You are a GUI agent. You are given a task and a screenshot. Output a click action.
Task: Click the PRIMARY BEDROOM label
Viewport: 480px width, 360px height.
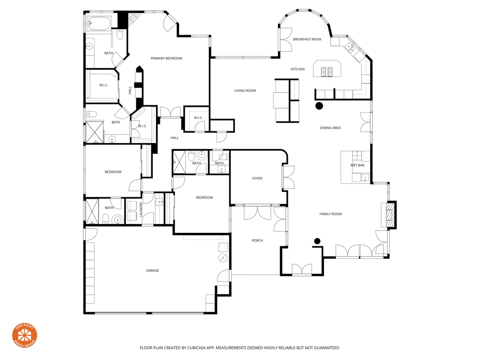[166, 58]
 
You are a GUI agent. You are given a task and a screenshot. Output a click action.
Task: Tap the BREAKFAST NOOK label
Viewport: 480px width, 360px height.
[307, 39]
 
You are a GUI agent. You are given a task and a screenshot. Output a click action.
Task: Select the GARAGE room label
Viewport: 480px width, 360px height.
[152, 270]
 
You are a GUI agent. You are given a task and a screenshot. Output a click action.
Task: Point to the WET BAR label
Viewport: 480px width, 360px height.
[357, 165]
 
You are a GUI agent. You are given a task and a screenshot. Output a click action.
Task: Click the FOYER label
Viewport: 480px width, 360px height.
[257, 178]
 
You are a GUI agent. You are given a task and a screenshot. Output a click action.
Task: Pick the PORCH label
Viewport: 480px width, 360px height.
[257, 240]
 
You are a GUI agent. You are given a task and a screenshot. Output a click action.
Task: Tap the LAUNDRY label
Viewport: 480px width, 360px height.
[141, 210]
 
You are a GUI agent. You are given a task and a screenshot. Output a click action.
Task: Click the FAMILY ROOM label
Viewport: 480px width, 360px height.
[330, 214]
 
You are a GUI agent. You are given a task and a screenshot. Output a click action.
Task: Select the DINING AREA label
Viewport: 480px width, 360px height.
[330, 127]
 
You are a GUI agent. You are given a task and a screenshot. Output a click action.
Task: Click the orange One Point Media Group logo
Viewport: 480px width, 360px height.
[24, 336]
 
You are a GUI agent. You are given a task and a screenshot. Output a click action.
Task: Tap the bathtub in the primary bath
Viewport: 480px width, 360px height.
[99, 23]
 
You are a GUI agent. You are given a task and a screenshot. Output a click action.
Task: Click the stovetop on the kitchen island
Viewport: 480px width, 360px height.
[326, 72]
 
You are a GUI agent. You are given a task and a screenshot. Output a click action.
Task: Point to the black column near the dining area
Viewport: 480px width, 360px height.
[319, 106]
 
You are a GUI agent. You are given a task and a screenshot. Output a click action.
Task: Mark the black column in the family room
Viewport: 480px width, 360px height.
[317, 241]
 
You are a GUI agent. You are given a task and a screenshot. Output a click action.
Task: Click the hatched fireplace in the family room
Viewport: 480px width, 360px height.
[390, 215]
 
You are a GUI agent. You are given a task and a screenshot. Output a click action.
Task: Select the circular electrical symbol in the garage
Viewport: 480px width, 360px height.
[223, 258]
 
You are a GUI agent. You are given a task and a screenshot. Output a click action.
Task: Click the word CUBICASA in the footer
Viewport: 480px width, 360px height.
[198, 348]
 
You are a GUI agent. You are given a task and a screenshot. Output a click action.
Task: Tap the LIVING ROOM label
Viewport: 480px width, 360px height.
[245, 90]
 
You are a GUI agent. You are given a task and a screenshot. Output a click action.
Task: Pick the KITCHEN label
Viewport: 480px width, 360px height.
[298, 69]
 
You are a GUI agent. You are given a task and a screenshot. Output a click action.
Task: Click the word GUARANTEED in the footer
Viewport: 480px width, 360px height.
[327, 348]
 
